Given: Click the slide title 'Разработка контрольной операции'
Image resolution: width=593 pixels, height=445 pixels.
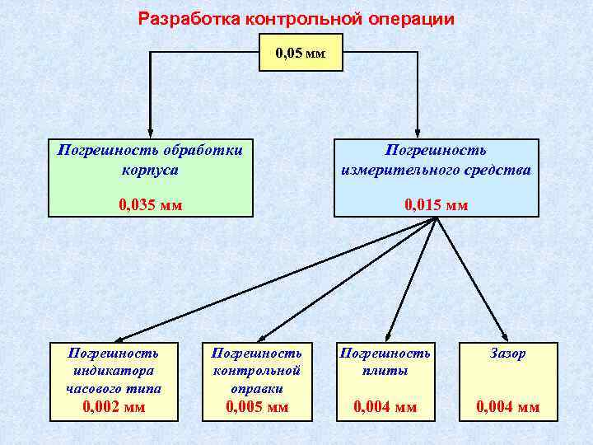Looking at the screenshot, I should pyautogui.click(x=296, y=18).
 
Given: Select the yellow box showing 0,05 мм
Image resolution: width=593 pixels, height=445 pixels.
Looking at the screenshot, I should pyautogui.click(x=301, y=54).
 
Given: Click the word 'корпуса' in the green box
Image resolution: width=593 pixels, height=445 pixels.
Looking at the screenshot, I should pyautogui.click(x=150, y=170).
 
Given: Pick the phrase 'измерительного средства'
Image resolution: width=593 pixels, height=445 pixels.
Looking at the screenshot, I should pyautogui.click(x=437, y=170).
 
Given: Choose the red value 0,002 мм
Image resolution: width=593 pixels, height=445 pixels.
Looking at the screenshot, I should pyautogui.click(x=114, y=406).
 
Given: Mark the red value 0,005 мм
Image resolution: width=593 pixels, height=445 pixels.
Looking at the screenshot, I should pyautogui.click(x=258, y=406).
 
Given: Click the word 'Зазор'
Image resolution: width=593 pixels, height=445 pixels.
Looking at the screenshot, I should pyautogui.click(x=508, y=354).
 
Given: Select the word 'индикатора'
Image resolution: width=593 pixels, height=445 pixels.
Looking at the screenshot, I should pyautogui.click(x=114, y=371).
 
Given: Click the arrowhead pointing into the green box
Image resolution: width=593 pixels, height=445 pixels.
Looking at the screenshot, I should pyautogui.click(x=150, y=131).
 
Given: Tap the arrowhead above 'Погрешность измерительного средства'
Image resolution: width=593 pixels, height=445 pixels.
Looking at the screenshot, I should pyautogui.click(x=418, y=131).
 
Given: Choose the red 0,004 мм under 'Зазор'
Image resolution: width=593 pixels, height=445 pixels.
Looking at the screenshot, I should pyautogui.click(x=508, y=406).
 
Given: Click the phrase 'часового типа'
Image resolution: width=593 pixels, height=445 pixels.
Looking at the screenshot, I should pyautogui.click(x=114, y=388).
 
